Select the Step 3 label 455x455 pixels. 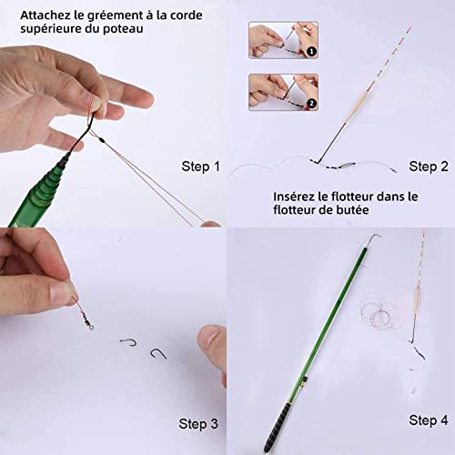(199, 423)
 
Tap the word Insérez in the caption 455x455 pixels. (299, 196)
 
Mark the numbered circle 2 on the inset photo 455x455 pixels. (311, 105)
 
